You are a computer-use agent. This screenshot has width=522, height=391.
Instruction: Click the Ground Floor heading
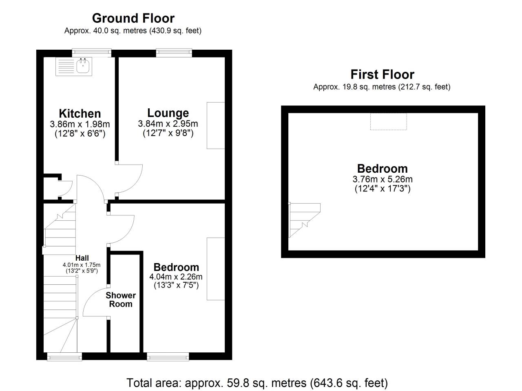[x=133, y=18]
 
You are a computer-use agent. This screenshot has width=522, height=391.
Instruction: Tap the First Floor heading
[x=383, y=75]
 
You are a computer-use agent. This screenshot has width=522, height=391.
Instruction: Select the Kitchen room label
[x=80, y=114]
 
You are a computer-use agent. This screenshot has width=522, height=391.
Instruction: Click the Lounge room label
[x=168, y=113]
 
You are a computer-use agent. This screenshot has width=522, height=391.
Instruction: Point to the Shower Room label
[x=121, y=300]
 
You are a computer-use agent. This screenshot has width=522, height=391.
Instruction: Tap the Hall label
[x=82, y=258]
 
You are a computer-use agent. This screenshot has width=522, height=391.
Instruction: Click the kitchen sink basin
[x=83, y=66]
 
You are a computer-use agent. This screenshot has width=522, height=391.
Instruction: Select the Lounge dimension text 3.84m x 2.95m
[x=168, y=123]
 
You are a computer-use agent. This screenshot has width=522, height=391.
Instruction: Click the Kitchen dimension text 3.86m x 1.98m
[x=80, y=124]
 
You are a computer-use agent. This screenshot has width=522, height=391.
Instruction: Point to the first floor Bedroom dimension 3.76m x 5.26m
[x=383, y=179]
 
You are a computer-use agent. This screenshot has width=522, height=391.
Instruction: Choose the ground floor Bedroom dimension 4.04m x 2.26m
[x=176, y=277]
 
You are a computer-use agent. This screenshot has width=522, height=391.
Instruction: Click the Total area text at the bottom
[x=257, y=383]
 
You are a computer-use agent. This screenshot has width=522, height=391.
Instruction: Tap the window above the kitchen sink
[x=92, y=53]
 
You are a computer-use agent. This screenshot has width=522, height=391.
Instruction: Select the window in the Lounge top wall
[x=174, y=53]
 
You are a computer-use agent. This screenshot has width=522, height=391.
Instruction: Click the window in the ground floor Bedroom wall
[x=168, y=356]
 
